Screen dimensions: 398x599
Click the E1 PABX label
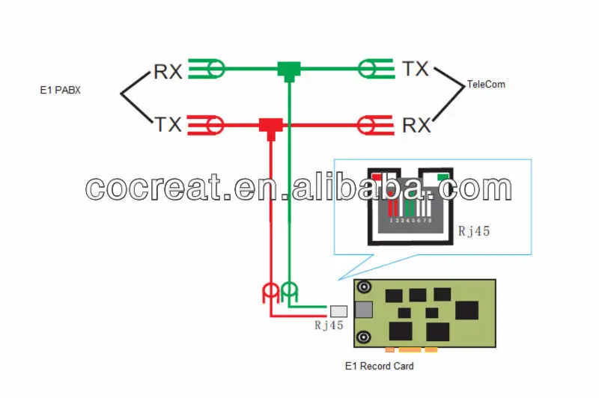60,91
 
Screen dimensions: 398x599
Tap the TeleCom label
486,85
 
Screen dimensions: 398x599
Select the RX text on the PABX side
168,71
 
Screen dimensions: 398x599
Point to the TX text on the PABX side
168,124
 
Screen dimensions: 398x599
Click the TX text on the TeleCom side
416,70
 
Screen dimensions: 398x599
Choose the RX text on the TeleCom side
417,124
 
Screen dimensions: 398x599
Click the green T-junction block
288,70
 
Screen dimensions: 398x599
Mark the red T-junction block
269,125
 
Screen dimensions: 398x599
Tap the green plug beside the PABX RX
207,70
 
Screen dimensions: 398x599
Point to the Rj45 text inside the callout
473,231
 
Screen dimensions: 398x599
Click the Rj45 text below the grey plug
329,325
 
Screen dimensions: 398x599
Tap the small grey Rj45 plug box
338,310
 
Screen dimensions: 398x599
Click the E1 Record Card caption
379,367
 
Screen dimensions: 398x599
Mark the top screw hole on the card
365,287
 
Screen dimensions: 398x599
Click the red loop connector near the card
270,293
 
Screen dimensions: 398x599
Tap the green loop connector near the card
290,291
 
